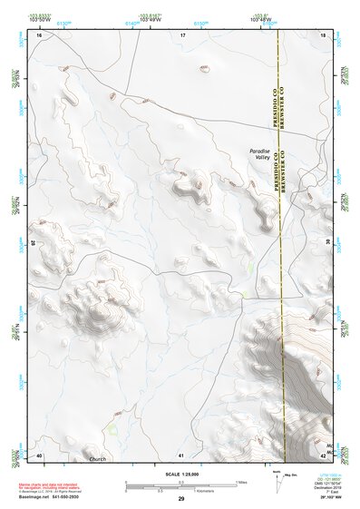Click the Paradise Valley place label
pyautogui.click(x=261, y=154)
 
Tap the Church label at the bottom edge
pyautogui.click(x=98, y=458)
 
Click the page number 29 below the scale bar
pyautogui.click(x=181, y=499)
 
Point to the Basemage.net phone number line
pyautogui.click(x=53, y=496)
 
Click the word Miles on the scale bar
pyautogui.click(x=242, y=482)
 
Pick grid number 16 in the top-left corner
pyautogui.click(x=39, y=34)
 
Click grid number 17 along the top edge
pyautogui.click(x=182, y=34)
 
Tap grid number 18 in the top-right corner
pyautogui.click(x=324, y=34)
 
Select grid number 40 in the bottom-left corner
pyautogui.click(x=39, y=455)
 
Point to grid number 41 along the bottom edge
pyautogui.click(x=181, y=455)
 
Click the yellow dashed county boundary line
pyautogui.click(x=282, y=272)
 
